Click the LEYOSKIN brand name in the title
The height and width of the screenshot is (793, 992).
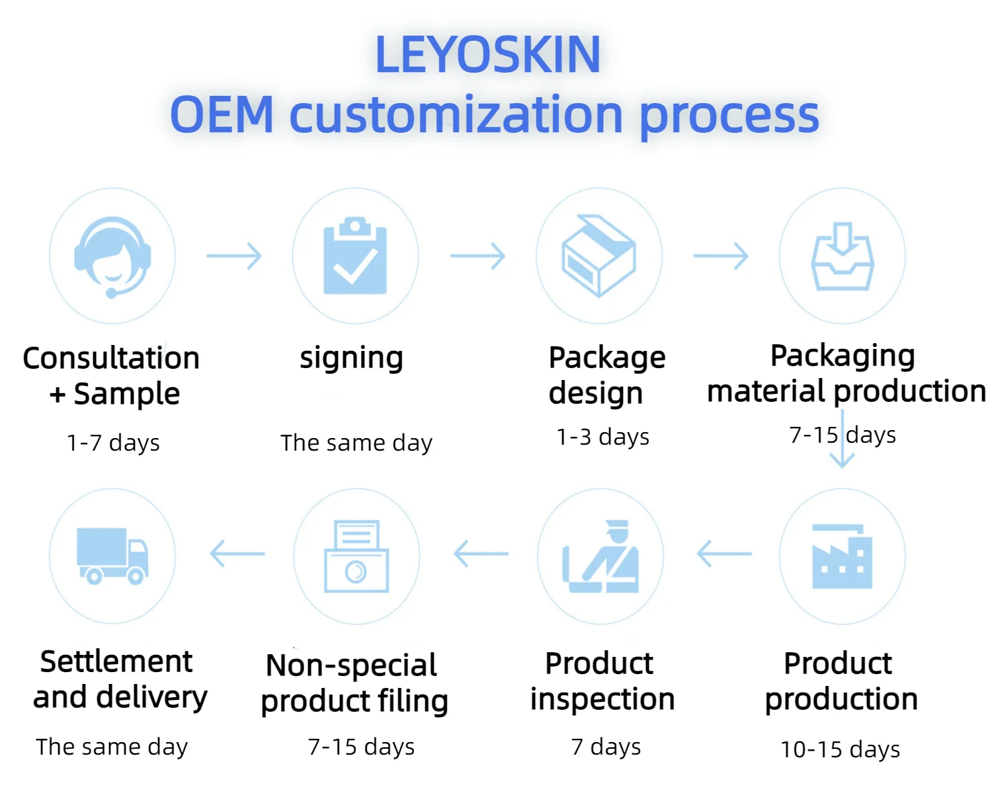point(488,55)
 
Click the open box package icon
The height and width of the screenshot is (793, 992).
point(599,255)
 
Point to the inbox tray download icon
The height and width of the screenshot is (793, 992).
point(843,257)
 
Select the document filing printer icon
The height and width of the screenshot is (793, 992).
point(356,556)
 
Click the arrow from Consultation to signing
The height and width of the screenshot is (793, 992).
point(235,256)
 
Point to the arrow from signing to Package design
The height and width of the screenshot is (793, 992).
point(478,256)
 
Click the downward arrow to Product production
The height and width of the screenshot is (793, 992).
point(843,439)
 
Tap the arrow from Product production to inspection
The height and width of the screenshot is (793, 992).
point(724,553)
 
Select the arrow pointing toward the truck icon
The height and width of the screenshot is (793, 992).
point(237,554)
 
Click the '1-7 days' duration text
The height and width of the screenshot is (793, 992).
point(113,443)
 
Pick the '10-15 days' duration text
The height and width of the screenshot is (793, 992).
point(840,749)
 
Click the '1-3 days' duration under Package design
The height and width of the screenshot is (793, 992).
point(602,437)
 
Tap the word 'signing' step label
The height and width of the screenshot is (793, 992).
point(351,359)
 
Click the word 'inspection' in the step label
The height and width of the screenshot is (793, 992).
point(602,699)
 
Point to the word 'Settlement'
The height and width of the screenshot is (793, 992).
point(116,661)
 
